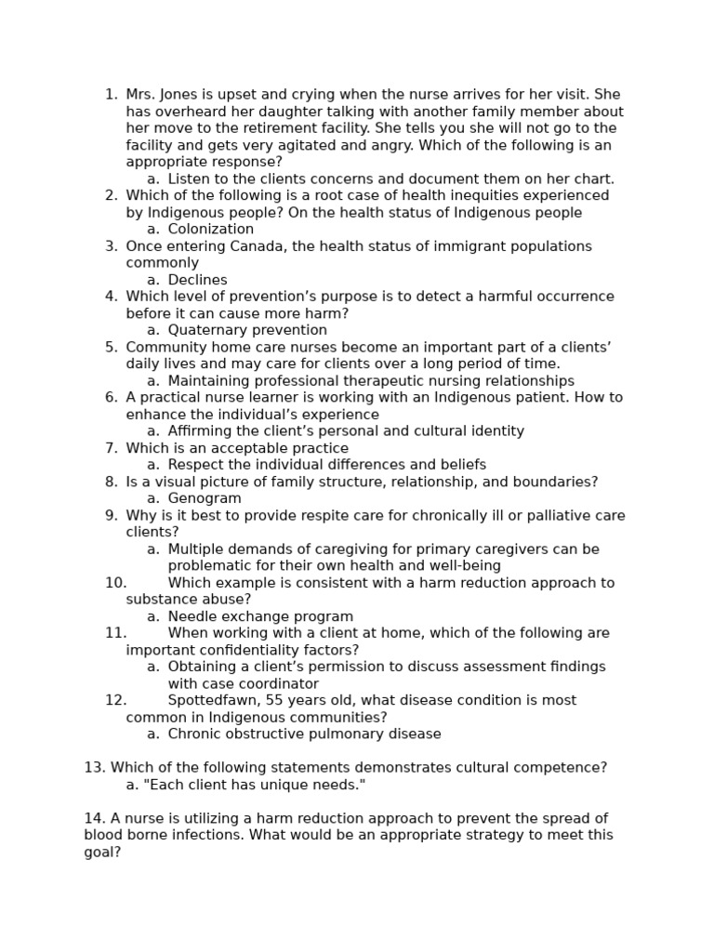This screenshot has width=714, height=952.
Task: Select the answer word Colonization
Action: [210, 230]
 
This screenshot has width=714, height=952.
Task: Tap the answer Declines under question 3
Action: [197, 280]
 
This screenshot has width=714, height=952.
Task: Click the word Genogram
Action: [205, 498]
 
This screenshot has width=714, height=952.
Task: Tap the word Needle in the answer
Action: [191, 616]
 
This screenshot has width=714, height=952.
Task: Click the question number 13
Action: [94, 767]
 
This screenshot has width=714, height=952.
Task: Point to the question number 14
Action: [94, 818]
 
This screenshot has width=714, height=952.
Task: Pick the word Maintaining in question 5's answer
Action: [209, 381]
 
